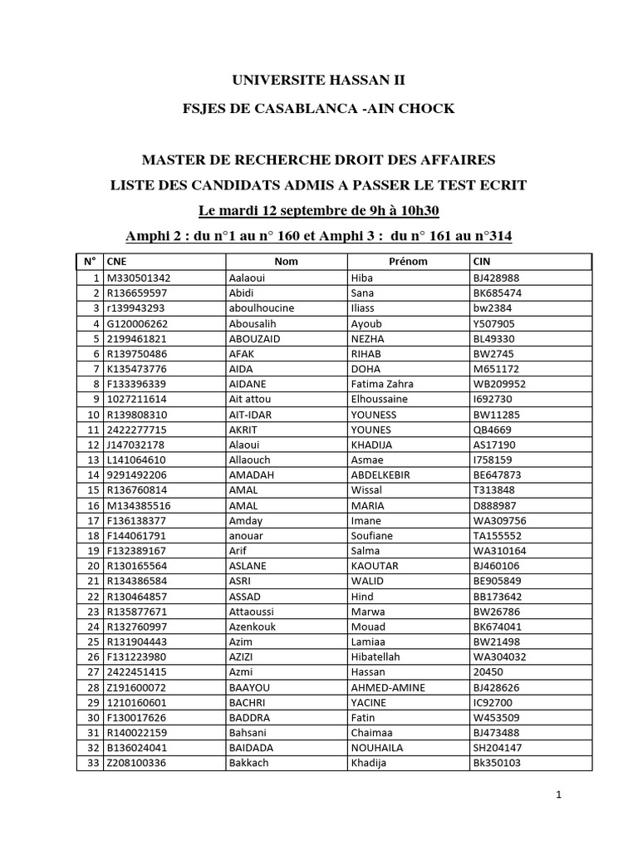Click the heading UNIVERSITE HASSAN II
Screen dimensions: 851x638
coord(319,81)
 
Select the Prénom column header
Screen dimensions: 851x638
coord(408,262)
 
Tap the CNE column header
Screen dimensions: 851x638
coord(116,262)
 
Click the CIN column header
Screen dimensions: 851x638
coord(481,262)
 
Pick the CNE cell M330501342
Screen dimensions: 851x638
coord(139,278)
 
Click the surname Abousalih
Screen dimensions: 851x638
coord(256,323)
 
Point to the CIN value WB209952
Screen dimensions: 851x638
coord(499,384)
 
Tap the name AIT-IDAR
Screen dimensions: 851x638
coord(254,415)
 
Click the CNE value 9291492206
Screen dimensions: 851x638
coord(137,475)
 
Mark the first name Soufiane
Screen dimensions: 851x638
coord(372,536)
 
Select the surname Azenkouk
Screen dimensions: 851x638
coord(255,627)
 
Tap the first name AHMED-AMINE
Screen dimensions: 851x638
coord(388,687)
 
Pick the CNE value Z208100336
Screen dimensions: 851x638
coord(137,763)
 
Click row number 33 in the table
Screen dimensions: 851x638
coord(93,763)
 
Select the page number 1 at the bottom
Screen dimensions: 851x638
coord(559,795)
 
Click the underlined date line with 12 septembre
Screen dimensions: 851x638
coord(319,209)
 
